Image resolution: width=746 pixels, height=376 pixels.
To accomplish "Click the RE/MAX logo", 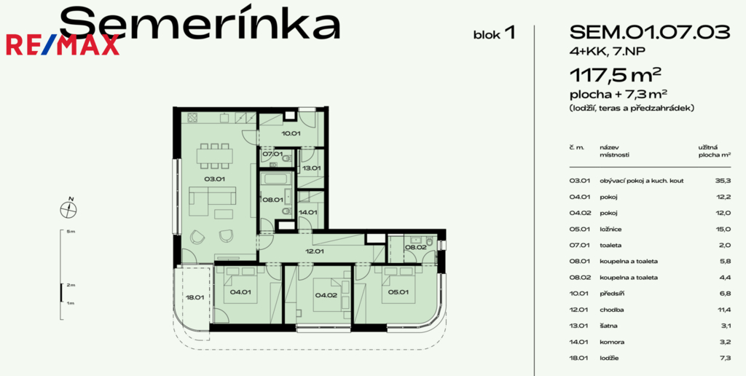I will coord(63,45).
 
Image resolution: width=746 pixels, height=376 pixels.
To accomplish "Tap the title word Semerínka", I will coord(199,23).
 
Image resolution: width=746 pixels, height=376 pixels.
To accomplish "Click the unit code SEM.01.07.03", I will coord(650,32).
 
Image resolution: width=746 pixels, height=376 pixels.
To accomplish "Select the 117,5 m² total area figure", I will coord(616,75).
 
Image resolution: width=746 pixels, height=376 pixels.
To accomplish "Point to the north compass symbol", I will coord(70,209).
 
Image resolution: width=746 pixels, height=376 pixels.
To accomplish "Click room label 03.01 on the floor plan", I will coord(213,179).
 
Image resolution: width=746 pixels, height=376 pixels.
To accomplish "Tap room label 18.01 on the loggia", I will coord(195,297).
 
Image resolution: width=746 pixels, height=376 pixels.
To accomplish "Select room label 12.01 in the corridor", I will coord(315,251).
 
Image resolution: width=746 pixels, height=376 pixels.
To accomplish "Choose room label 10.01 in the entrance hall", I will coord(291,133).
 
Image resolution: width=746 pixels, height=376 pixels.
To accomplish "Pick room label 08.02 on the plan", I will coord(417,248).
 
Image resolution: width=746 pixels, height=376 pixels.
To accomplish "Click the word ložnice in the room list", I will coord(610,230).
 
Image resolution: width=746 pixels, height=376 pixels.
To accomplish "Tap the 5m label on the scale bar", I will coord(70,232).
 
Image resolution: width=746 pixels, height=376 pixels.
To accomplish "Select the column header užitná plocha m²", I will coord(715,151).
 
